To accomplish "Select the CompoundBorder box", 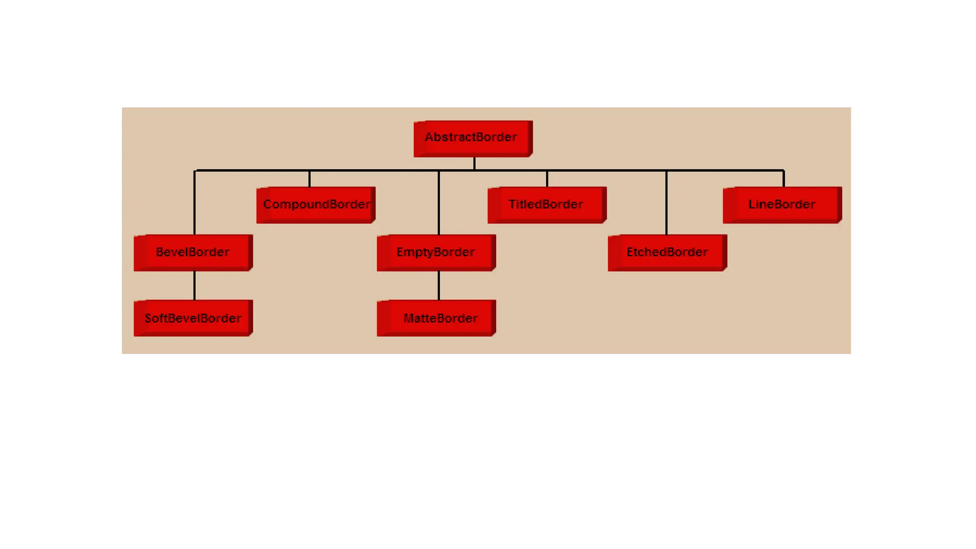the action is point(316,205).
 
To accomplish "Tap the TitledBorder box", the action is point(547,205).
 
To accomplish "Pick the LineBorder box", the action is point(782,205).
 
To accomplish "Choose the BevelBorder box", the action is point(193,253).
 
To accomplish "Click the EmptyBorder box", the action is point(436,253).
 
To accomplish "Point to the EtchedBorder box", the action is point(667,253).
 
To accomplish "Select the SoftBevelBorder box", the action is point(193,318).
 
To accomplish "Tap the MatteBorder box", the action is point(436,318).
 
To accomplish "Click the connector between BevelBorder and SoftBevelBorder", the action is point(194,285).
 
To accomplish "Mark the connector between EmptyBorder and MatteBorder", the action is point(438,285).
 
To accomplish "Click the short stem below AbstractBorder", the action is point(474,163).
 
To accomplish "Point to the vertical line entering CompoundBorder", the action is point(309,179).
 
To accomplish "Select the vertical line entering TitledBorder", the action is point(547,179).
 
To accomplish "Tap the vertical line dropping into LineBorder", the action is point(783,179).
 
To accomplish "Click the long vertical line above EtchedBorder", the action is point(666,203).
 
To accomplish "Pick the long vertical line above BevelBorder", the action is point(194,203).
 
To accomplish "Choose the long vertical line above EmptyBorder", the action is point(438,203).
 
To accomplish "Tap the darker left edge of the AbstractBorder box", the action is point(420,139).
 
